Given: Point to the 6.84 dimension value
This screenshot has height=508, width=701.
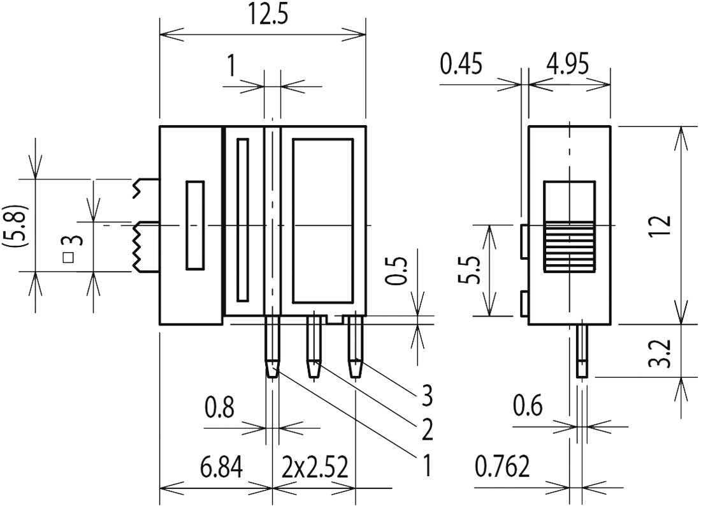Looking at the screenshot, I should (221, 469).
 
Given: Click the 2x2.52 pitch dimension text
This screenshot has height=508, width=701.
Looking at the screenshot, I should (315, 469).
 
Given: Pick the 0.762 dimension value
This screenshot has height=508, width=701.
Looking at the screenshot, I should (502, 469).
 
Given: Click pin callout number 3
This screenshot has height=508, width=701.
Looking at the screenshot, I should (427, 396).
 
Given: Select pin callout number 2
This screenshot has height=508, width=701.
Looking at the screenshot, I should (427, 431).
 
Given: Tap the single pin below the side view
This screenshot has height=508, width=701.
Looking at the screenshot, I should (581, 351).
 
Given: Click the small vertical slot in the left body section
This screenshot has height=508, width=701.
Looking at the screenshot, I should (194, 225).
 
